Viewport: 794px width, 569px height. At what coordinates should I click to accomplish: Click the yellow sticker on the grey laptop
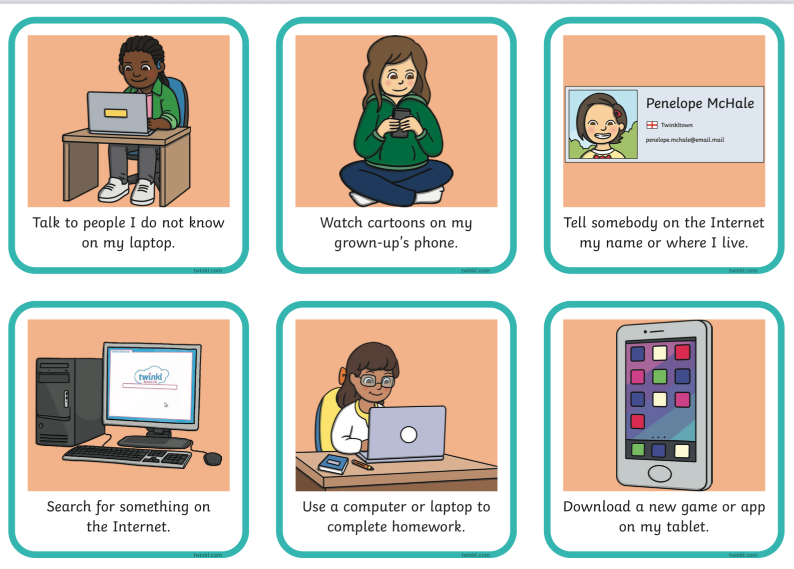click(116, 113)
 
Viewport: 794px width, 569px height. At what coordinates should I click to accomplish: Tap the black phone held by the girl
click(401, 122)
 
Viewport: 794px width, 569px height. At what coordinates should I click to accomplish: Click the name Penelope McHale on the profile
click(700, 103)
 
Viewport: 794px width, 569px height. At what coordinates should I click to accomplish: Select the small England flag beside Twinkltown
click(651, 125)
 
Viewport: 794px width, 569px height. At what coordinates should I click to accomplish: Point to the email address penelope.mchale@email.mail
click(685, 140)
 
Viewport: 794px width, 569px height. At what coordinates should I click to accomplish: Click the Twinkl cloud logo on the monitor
click(151, 375)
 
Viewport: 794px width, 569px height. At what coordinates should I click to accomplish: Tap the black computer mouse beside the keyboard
click(213, 458)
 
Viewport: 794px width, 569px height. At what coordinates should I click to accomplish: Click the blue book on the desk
click(333, 464)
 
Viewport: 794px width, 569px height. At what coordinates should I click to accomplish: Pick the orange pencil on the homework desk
click(362, 465)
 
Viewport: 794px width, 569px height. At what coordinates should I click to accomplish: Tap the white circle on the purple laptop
click(409, 435)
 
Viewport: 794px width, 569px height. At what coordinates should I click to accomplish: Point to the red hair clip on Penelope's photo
click(617, 114)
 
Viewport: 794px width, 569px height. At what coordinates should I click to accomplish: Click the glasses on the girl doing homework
click(376, 381)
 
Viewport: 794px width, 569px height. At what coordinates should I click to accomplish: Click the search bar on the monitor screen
click(150, 386)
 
